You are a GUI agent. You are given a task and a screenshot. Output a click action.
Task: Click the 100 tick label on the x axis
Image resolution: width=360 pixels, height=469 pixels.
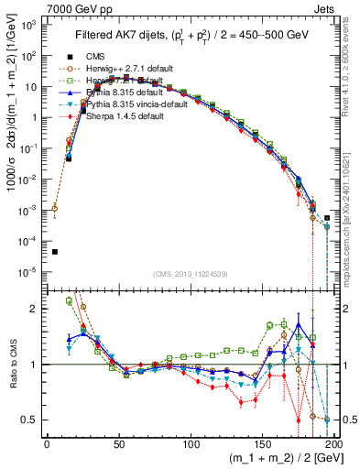point(191,444)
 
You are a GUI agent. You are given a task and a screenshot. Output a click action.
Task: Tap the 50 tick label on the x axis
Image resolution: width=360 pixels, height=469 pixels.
point(119,444)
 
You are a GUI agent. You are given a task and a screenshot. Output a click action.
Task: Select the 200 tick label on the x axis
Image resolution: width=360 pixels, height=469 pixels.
point(334,444)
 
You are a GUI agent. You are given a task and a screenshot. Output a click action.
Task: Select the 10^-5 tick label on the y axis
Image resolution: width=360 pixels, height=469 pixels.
point(30,271)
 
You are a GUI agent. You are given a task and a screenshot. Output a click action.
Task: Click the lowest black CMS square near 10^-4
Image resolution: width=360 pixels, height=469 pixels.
point(54,252)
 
